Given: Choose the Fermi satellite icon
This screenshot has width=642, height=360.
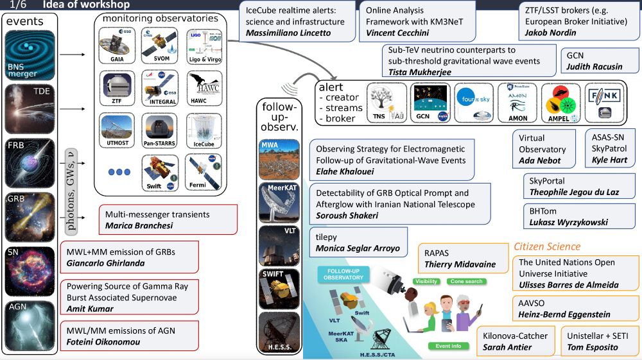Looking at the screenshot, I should (x=204, y=173).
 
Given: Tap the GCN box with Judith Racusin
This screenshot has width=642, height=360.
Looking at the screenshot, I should (x=599, y=60).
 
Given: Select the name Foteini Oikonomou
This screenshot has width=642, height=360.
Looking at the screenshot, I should (x=103, y=342).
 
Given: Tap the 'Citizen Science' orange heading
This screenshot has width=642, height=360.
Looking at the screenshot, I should (x=547, y=246).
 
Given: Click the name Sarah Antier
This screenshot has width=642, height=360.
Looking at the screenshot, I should (x=507, y=347).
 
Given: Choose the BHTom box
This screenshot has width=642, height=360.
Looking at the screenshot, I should (x=578, y=216).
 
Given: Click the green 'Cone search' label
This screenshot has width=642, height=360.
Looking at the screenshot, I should (x=467, y=282).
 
